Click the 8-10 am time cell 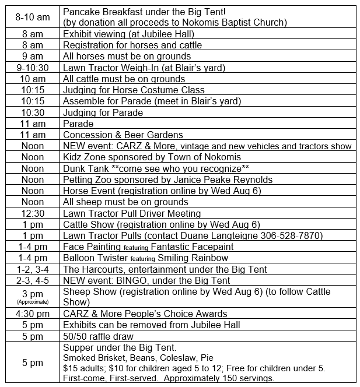tap(32, 17)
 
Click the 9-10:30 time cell tap(32, 68)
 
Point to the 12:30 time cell tap(32, 213)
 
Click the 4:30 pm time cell tap(32, 314)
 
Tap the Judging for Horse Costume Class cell tap(134, 90)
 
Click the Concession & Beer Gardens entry tap(123, 135)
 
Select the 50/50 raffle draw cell tap(98, 337)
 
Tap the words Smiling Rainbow tap(193, 258)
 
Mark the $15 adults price tap(82, 368)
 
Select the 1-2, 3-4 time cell tap(32, 269)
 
